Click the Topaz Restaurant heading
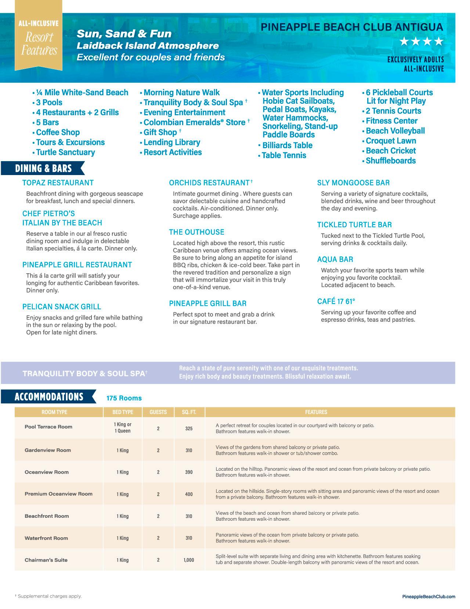point(58,183)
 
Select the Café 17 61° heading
point(336,302)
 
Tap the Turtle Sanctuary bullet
point(65,152)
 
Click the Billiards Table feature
point(287,145)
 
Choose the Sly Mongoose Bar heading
point(353,183)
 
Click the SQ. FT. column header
point(189,412)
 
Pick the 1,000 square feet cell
point(189,560)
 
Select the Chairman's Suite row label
point(46,560)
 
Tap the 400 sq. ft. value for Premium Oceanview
point(189,494)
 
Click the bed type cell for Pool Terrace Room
point(122,428)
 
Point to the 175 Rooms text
point(124,398)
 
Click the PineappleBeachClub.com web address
point(429,596)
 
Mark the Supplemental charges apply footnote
point(48,596)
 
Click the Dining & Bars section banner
point(43,168)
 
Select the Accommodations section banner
point(49,397)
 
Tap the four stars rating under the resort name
point(421,42)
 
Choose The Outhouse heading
point(196,232)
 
